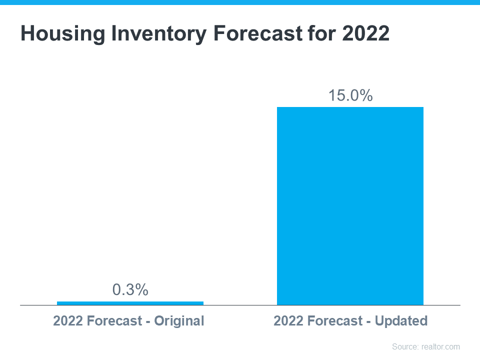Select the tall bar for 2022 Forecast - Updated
pos(350,205)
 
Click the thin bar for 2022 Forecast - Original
pos(130,303)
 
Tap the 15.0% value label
pos(350,95)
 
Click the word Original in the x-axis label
pos(179,321)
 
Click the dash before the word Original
pos(148,321)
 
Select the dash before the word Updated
pos(369,321)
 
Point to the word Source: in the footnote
pos(404,346)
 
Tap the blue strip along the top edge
pos(240,2)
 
